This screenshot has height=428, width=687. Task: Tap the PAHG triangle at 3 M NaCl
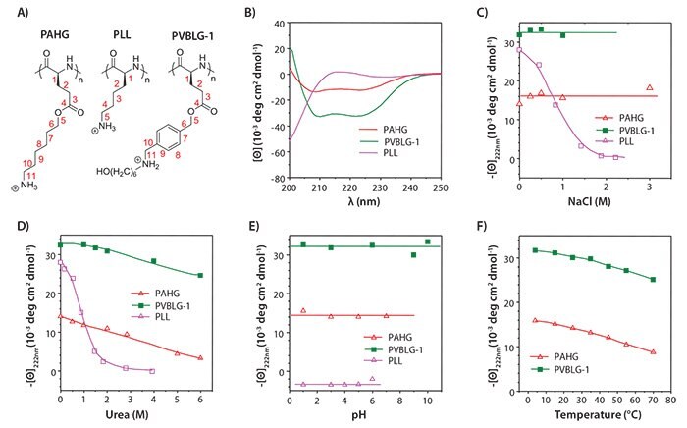pos(650,88)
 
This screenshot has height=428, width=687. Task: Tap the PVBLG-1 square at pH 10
pos(427,241)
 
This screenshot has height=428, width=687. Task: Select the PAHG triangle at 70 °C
pos(653,351)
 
